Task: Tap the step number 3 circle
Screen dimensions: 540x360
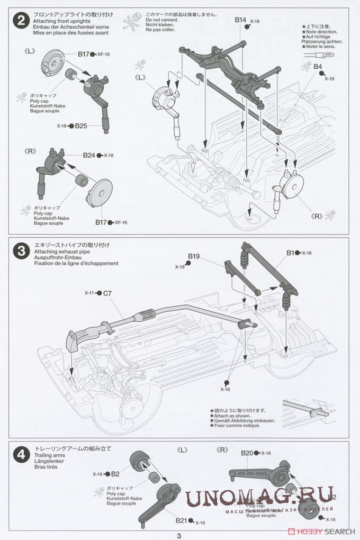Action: (21, 250)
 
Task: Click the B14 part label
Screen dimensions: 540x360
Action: (241, 20)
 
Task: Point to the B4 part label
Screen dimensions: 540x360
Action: (318, 67)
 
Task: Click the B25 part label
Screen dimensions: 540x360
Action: (80, 126)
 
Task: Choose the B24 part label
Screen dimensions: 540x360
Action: (88, 156)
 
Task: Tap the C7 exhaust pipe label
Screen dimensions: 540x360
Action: (107, 293)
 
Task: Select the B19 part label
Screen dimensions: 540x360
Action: (193, 257)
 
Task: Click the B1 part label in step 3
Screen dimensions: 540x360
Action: (290, 253)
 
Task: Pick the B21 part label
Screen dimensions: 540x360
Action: (182, 520)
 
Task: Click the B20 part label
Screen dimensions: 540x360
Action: (247, 453)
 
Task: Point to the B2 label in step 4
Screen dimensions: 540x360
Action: (115, 474)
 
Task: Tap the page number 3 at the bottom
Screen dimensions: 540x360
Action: (179, 535)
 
